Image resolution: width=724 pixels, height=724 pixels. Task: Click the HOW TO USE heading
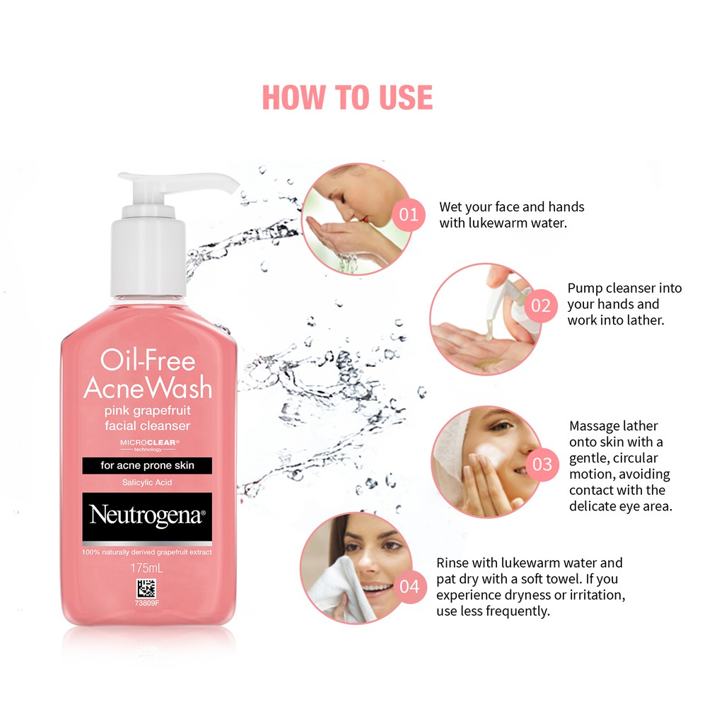pyautogui.click(x=347, y=97)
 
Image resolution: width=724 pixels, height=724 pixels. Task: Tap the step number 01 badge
pyautogui.click(x=409, y=214)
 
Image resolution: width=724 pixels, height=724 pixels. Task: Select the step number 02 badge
pyautogui.click(x=541, y=305)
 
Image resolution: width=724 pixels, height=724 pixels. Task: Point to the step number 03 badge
pyautogui.click(x=542, y=465)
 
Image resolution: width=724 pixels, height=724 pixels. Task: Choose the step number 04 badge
pyautogui.click(x=409, y=586)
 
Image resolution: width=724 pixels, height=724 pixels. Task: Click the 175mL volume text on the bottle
pyautogui.click(x=147, y=568)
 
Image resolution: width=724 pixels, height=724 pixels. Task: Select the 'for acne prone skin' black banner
pyautogui.click(x=147, y=465)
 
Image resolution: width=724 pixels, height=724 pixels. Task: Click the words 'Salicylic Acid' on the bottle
pyautogui.click(x=147, y=483)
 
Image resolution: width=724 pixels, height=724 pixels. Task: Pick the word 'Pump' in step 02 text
pyautogui.click(x=585, y=288)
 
